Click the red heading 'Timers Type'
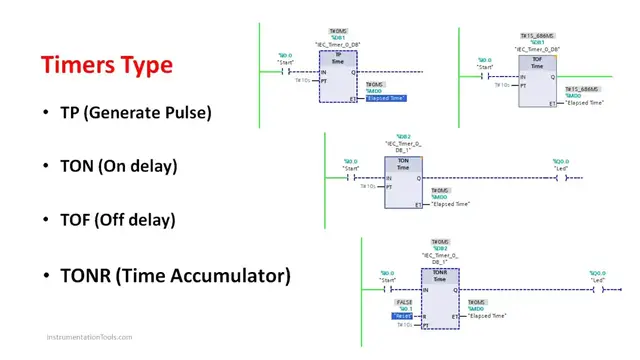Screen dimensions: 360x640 pos(106,66)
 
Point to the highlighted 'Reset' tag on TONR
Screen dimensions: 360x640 pos(405,316)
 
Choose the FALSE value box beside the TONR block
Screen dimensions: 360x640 pos(404,301)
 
